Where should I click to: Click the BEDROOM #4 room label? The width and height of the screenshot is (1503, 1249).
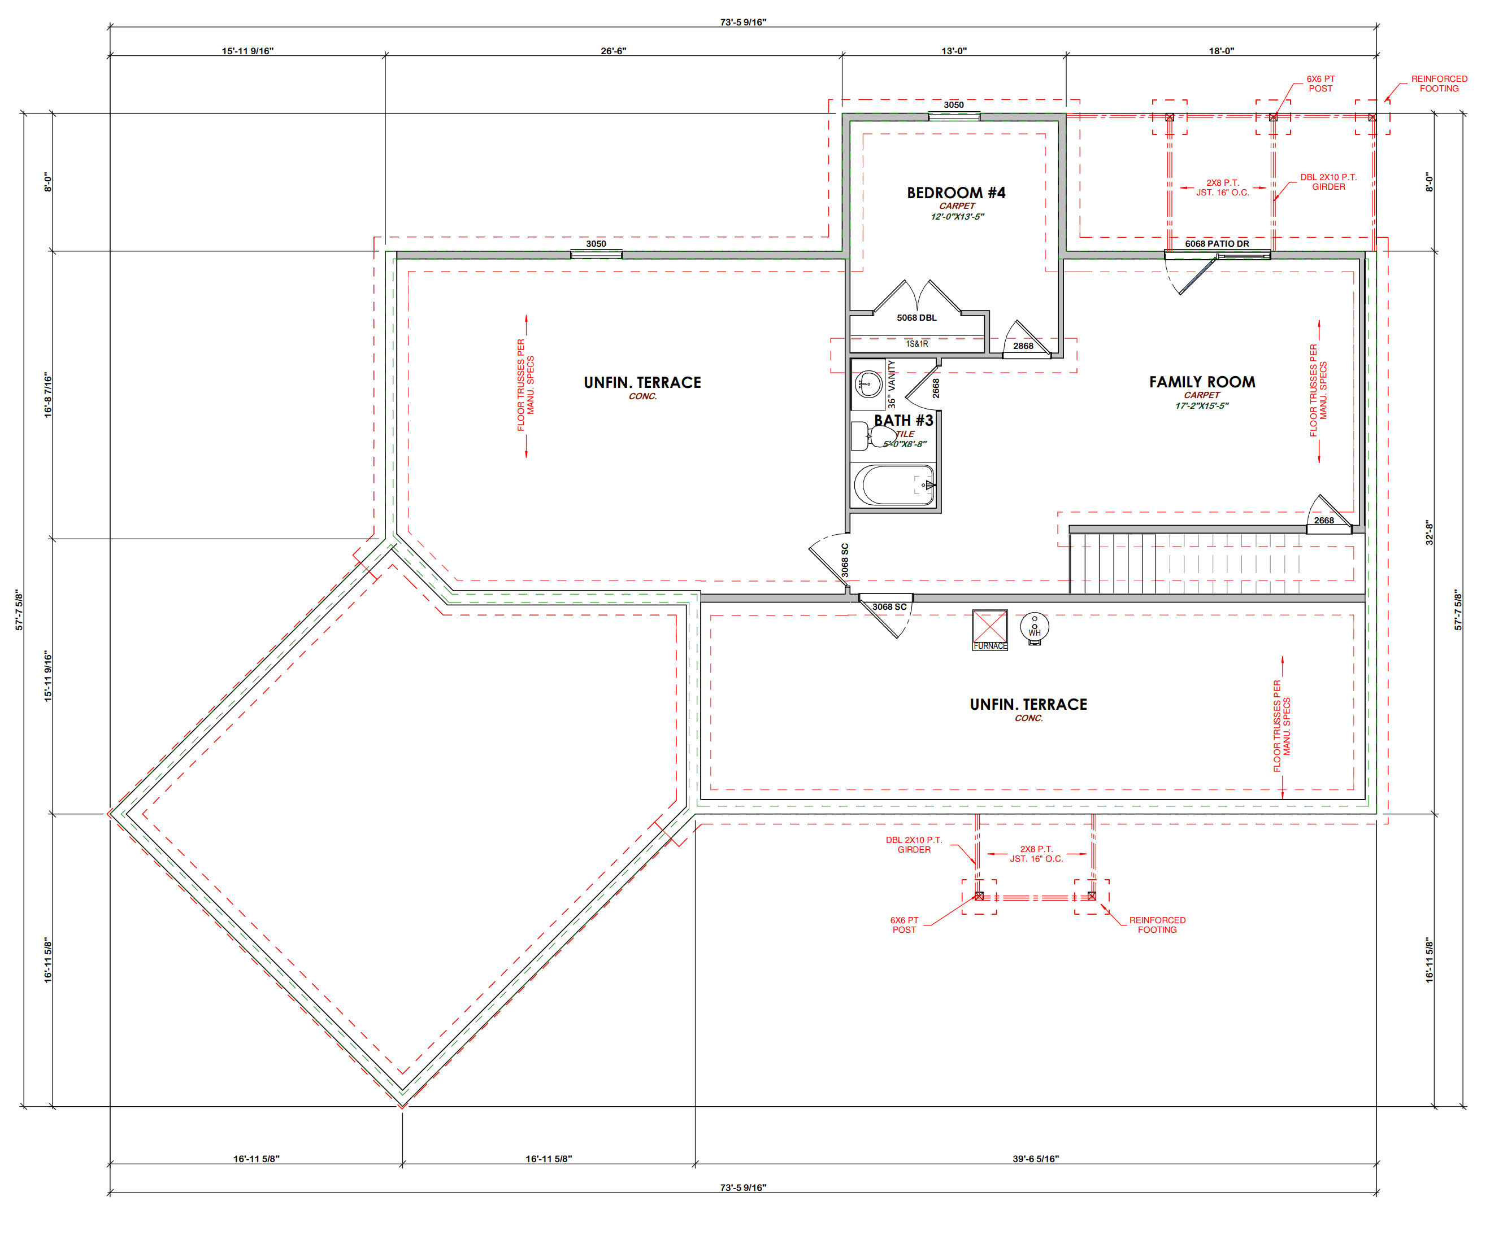pos(956,193)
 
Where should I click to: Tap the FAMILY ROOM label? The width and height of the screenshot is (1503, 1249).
pos(1202,382)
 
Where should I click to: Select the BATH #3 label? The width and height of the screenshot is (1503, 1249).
pos(903,421)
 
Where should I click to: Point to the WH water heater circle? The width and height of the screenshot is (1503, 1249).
pos(1034,627)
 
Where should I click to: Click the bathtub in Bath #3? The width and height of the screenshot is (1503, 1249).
pos(893,485)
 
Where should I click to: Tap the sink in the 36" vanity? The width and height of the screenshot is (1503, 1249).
pos(869,383)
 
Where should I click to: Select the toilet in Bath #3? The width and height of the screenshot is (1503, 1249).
pos(872,436)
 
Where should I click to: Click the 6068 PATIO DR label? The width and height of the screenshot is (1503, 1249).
pos(1217,244)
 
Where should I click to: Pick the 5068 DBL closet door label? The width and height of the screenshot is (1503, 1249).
pos(917,318)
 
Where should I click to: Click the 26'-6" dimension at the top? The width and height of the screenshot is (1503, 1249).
pos(614,51)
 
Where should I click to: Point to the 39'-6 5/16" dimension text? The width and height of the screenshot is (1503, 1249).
pos(1036,1159)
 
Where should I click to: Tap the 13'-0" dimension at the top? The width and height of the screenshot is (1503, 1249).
pos(954,51)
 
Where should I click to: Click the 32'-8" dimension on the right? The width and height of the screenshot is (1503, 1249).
pos(1430,533)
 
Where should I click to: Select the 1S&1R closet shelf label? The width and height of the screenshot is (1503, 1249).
pos(917,344)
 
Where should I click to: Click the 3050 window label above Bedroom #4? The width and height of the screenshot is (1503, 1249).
pos(953,105)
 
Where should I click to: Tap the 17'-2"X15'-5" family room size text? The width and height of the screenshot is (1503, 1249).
pos(1202,405)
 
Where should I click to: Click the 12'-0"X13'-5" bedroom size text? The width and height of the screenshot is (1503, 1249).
pos(957,217)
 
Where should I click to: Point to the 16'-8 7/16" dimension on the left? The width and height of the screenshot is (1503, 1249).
pos(48,395)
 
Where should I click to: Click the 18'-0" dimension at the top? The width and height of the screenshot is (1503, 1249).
pos(1222,51)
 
